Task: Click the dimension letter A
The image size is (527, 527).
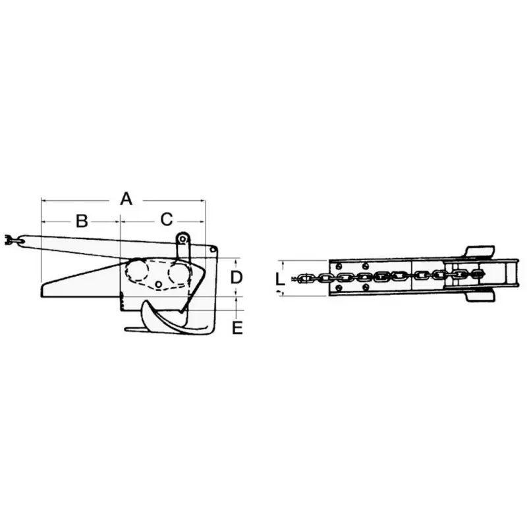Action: pyautogui.click(x=126, y=199)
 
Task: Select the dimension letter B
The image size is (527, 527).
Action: pyautogui.click(x=82, y=221)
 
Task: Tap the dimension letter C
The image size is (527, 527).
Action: pyautogui.click(x=167, y=219)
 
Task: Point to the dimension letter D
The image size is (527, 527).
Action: pyautogui.click(x=236, y=277)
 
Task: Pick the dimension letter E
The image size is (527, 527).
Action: pyautogui.click(x=237, y=327)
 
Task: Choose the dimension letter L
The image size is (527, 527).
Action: pyautogui.click(x=279, y=279)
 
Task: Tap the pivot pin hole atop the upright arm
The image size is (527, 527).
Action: pyautogui.click(x=182, y=239)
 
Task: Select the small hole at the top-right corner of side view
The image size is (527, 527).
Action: pyautogui.click(x=212, y=250)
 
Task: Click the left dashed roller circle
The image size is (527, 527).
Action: pyautogui.click(x=137, y=270)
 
